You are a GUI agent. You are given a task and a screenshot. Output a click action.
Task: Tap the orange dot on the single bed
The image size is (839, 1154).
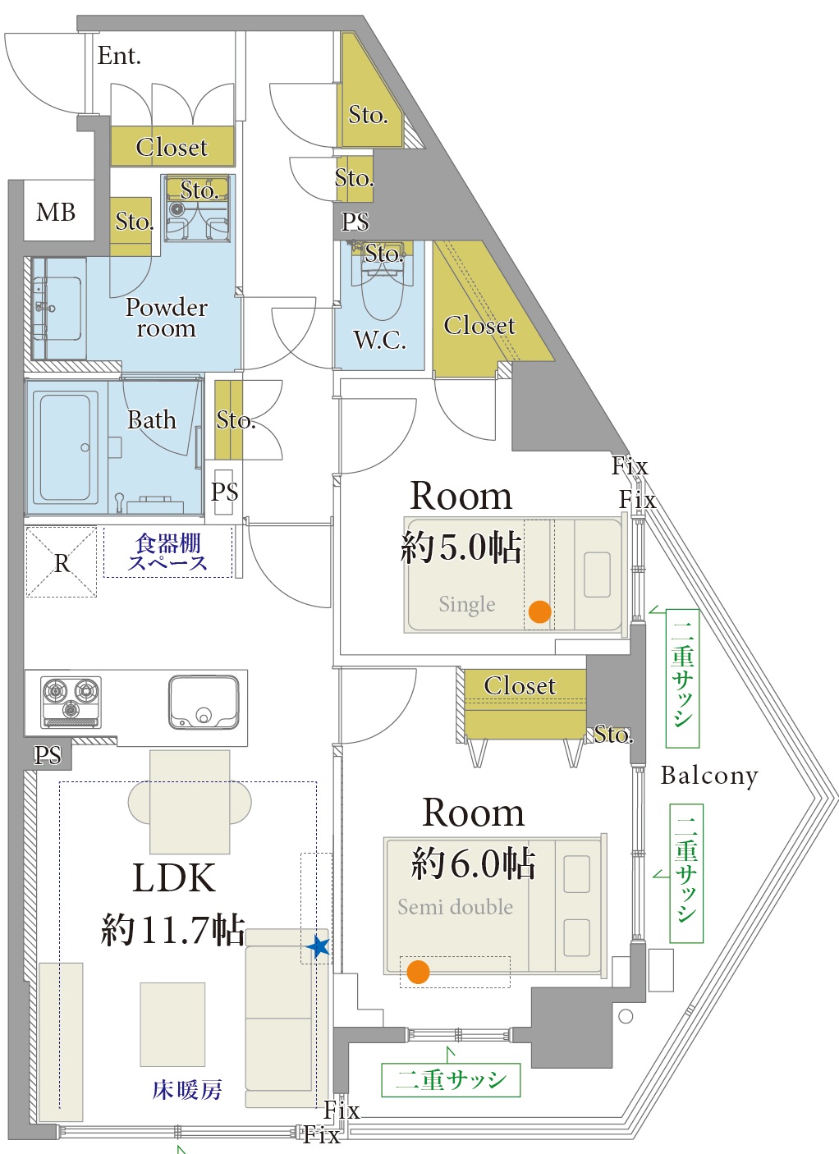pos(539,612)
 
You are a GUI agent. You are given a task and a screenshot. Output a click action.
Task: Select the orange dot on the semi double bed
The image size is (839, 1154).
pos(418,972)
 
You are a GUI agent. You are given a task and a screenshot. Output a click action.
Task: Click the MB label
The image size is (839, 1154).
pos(56,213)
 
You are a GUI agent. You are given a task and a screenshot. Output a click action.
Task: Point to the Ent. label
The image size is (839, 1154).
pos(118,56)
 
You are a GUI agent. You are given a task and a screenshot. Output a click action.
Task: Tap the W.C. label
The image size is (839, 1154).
pos(380,340)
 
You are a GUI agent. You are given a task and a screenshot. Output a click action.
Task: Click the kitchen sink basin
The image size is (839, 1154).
pos(204,702)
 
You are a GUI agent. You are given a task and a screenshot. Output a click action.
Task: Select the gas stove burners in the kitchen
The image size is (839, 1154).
pos(71,702)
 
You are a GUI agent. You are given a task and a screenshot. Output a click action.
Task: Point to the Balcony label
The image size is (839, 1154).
pos(709,776)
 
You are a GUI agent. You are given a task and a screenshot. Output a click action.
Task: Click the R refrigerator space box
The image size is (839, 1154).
pos(62,561)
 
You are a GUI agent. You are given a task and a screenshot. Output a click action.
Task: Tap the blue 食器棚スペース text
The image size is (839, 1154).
pos(167,552)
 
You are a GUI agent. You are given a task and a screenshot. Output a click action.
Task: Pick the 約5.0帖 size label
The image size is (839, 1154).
pos(461,547)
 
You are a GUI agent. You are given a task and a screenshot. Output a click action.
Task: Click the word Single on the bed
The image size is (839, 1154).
pos(467,604)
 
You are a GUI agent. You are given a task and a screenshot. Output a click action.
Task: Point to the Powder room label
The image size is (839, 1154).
pos(167,318)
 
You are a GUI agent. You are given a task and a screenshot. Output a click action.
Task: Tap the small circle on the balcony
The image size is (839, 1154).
pos(626,1016)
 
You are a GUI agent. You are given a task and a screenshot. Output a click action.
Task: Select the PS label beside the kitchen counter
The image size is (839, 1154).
pos(48,755)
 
